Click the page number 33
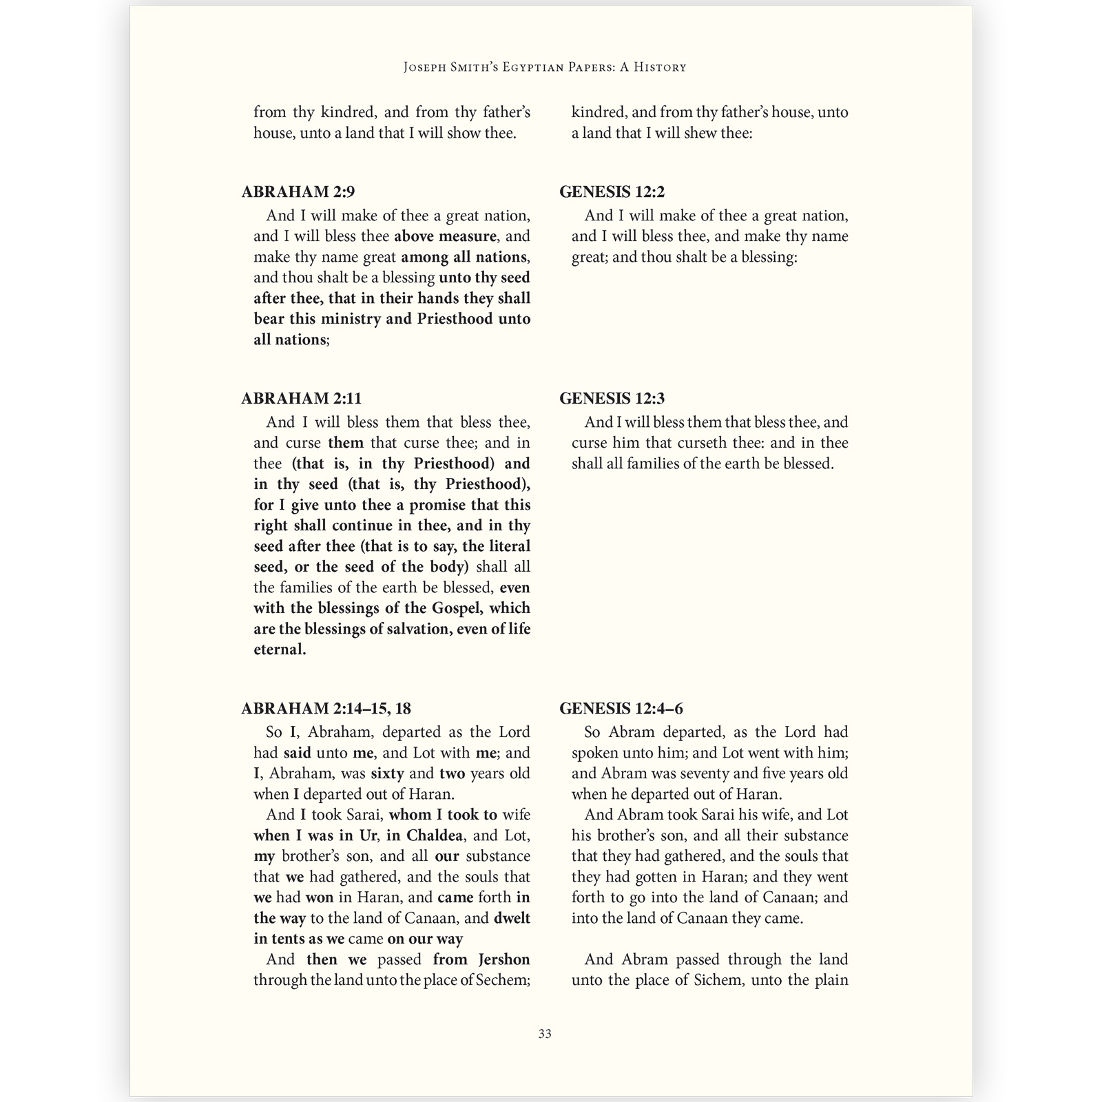[x=545, y=1034]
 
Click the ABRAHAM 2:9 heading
[x=298, y=192]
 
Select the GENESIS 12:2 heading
[x=612, y=192]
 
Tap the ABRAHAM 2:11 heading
[x=302, y=399]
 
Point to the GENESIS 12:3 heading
[x=612, y=399]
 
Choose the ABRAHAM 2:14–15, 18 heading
[x=326, y=709]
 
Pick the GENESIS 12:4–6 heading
[x=621, y=709]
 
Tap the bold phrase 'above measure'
[x=445, y=236]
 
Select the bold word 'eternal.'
[x=280, y=649]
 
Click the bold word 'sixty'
[x=387, y=773]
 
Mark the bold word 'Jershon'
[x=504, y=959]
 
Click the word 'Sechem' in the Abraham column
[x=501, y=980]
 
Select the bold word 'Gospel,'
[x=458, y=608]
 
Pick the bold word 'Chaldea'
[x=435, y=835]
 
